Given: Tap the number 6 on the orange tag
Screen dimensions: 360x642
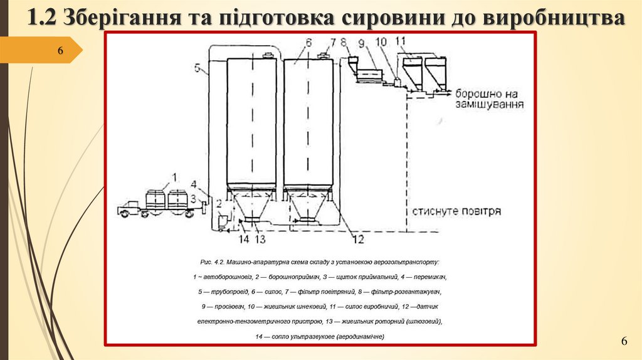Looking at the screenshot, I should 61,50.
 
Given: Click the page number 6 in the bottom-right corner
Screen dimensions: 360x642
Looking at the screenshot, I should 624,341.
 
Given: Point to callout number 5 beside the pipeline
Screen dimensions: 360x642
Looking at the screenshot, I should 198,69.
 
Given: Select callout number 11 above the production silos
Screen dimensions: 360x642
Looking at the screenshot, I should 401,42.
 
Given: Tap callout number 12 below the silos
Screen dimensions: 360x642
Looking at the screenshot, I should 358,238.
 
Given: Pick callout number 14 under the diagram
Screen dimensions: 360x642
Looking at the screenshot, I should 244,238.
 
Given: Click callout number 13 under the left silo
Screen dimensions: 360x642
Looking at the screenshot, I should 260,238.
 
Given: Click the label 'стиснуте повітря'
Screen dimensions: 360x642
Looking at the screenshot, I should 456,211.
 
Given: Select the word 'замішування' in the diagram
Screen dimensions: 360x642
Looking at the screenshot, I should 490,104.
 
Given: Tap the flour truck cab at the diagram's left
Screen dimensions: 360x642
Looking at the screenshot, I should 128,206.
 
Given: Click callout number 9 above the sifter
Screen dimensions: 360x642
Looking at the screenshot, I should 362,43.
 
